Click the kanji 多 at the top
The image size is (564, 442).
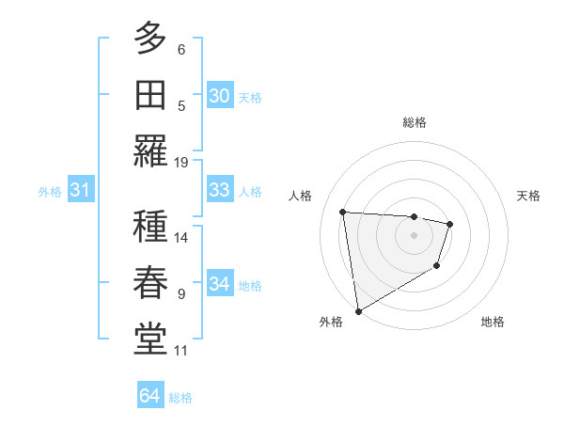[149, 39]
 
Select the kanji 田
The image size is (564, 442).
[149, 94]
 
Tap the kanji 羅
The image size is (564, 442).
[149, 150]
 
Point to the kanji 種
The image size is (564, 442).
[149, 227]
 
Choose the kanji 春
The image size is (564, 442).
[149, 282]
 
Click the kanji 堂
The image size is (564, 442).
[149, 338]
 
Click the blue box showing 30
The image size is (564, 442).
[219, 95]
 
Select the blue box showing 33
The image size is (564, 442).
[219, 189]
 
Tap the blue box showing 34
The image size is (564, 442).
[219, 283]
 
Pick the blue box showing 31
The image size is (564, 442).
[81, 190]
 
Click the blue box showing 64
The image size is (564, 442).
[150, 396]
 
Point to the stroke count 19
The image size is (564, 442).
[181, 162]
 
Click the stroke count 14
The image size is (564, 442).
[181, 238]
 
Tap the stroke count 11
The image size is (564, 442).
[181, 351]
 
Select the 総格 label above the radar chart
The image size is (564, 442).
[414, 122]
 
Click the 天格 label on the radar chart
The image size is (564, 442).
[528, 196]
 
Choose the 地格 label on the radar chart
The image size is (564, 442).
[493, 322]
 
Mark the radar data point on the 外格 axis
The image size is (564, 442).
[357, 310]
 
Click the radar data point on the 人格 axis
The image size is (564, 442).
[343, 212]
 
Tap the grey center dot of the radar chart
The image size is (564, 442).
[414, 235]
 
